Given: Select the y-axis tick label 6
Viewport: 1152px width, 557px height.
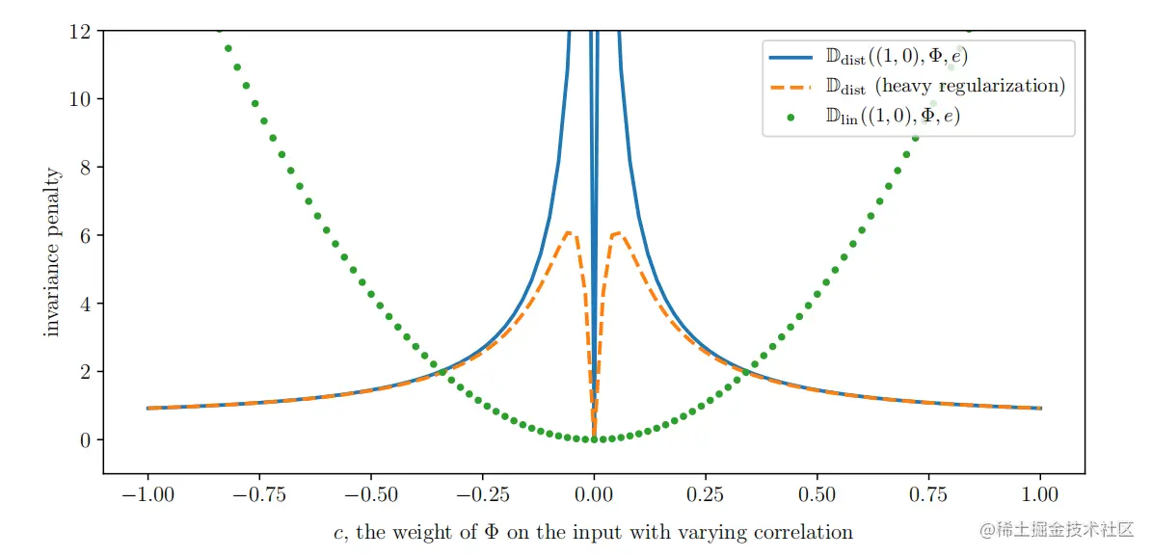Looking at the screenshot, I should pos(88,236).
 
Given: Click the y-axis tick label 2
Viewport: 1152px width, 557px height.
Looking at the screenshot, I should pos(88,372).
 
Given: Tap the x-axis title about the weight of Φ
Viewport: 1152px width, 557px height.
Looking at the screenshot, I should pos(593,532).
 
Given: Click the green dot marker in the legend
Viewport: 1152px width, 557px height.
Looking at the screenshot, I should pos(791,118).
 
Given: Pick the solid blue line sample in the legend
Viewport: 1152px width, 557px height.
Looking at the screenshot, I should pos(791,57).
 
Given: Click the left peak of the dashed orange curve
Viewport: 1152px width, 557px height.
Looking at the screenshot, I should pos(570,232).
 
